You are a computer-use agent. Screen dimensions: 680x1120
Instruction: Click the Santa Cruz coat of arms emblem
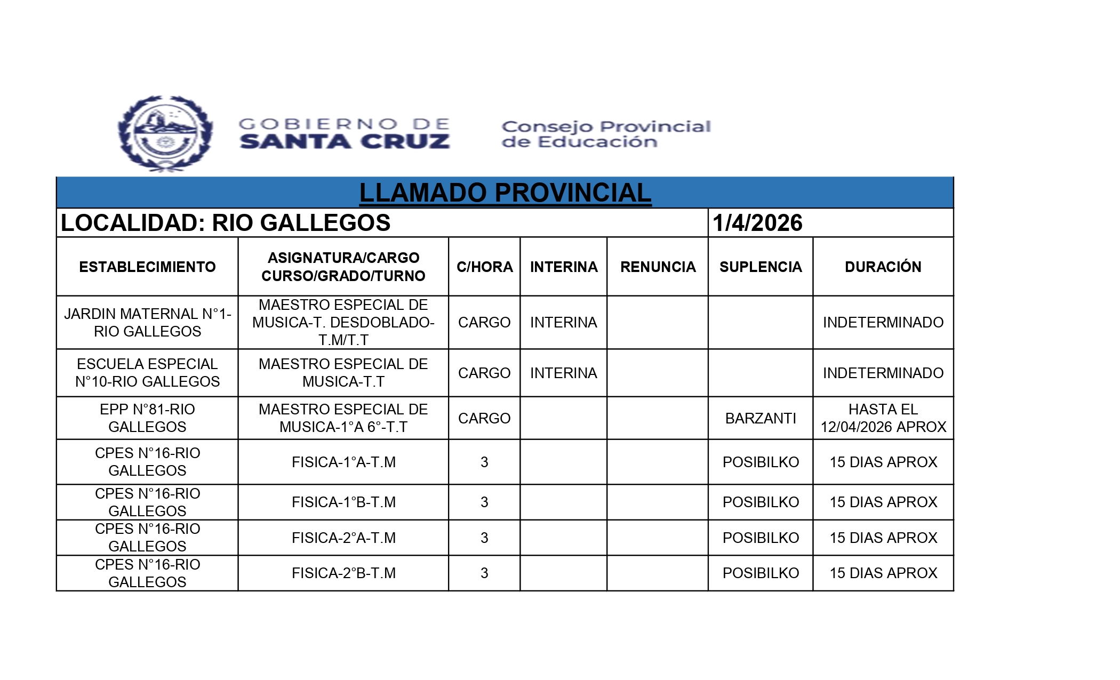tap(165, 134)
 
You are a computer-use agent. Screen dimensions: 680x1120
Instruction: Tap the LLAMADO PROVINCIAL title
tap(505, 193)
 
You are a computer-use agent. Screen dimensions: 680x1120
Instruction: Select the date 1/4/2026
tap(757, 223)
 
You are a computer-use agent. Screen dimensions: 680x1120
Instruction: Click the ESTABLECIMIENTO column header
tap(147, 267)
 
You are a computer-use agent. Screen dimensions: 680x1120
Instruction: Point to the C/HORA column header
tap(484, 267)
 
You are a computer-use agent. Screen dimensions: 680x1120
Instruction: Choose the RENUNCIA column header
tap(658, 267)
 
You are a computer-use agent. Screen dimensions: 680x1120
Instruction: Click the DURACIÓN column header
tap(883, 267)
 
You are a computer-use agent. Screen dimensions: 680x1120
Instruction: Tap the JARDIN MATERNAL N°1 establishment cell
tap(147, 322)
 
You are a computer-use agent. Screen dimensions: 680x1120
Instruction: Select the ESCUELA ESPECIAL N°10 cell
tap(147, 373)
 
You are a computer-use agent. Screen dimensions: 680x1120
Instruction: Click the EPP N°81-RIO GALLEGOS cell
tap(147, 418)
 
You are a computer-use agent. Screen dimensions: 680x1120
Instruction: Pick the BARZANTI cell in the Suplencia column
tap(761, 418)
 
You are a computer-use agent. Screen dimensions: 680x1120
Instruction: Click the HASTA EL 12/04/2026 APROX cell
tap(883, 418)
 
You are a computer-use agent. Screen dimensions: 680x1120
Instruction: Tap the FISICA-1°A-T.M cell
tap(343, 462)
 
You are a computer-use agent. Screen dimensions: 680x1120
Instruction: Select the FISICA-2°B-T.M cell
tap(343, 573)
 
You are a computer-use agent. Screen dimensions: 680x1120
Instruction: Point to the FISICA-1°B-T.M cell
tap(343, 502)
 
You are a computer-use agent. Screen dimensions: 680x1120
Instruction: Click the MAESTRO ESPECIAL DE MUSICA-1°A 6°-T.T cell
tap(343, 418)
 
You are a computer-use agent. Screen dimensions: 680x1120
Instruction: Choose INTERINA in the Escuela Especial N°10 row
tap(563, 373)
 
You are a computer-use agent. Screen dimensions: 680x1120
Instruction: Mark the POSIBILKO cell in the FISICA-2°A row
tap(761, 538)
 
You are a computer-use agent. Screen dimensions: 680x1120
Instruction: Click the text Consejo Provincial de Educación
tap(606, 134)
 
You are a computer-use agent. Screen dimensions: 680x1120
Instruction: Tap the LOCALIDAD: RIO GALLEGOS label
tap(226, 223)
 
